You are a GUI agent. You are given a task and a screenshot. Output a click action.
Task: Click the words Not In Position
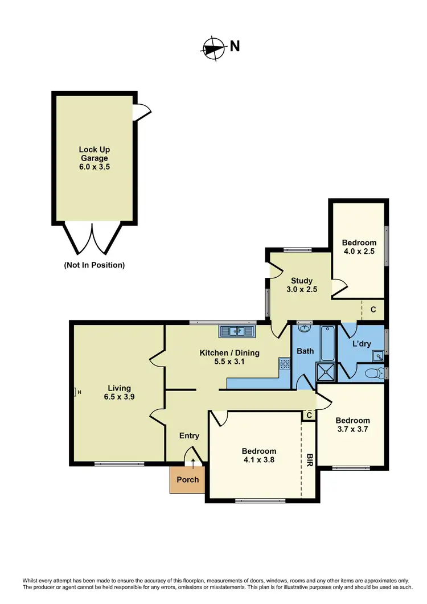[95, 265]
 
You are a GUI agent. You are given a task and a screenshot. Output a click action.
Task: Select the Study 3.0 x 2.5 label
[302, 285]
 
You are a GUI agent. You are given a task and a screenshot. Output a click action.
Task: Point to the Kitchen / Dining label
[229, 358]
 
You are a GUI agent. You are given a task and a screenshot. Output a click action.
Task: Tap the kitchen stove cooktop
[285, 365]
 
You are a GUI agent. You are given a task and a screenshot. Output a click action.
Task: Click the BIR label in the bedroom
[310, 461]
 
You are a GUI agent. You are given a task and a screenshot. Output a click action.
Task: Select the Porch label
[188, 479]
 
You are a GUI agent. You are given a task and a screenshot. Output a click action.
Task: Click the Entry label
[189, 436]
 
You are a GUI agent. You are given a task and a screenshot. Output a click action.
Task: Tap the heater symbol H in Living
[77, 392]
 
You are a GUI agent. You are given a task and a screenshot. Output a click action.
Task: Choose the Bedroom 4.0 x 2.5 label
[359, 247]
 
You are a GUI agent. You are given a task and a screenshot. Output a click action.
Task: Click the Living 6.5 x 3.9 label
[116, 393]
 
